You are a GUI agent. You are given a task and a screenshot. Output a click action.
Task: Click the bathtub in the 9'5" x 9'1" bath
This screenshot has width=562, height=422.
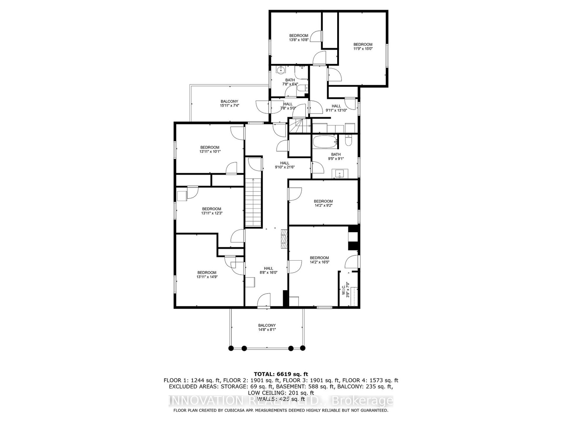[324, 142]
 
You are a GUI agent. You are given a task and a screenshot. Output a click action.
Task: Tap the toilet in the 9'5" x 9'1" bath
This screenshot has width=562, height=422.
[348, 140]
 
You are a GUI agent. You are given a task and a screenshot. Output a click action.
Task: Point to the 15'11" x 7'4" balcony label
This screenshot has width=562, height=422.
[229, 103]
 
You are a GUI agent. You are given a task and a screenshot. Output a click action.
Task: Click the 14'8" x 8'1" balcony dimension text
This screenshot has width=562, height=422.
[267, 330]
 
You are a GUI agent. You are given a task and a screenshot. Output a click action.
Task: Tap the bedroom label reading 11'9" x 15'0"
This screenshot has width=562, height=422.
[363, 46]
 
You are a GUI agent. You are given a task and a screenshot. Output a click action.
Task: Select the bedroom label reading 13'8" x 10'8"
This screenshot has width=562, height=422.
[299, 38]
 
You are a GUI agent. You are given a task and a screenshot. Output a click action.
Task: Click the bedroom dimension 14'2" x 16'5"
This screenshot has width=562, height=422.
[319, 262]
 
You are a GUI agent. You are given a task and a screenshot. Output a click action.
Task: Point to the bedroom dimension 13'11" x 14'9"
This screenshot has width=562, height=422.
[207, 277]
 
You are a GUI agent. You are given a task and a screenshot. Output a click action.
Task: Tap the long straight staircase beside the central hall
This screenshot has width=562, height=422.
[254, 203]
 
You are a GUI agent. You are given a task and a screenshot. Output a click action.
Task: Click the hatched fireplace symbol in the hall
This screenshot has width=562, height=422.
[284, 239]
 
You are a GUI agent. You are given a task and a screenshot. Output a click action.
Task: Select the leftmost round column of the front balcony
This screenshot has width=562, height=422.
[231, 348]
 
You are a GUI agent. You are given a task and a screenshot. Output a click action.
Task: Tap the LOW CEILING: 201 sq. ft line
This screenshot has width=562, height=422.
[281, 392]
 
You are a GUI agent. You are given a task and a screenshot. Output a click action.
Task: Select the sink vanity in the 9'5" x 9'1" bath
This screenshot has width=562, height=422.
[340, 174]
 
